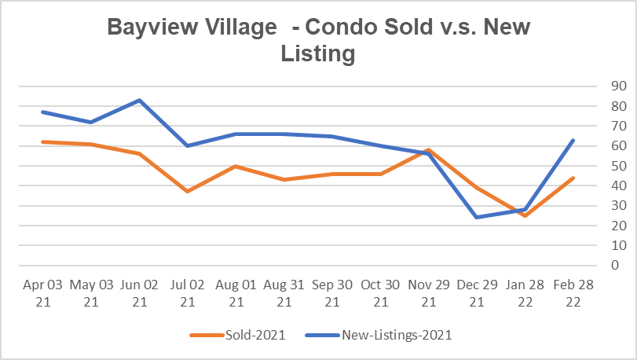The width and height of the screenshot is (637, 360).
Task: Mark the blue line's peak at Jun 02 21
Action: tap(139, 100)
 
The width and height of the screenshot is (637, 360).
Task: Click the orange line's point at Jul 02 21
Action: tap(188, 191)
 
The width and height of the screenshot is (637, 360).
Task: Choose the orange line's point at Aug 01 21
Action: tap(236, 166)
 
